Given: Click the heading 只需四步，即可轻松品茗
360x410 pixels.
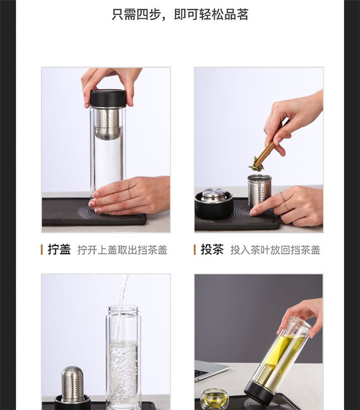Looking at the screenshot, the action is pyautogui.click(x=180, y=14).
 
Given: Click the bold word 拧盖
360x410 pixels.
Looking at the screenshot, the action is pyautogui.click(x=59, y=249).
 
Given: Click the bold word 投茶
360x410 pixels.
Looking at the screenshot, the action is pyautogui.click(x=212, y=249).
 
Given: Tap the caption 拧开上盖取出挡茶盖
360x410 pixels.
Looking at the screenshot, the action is pyautogui.click(x=122, y=250).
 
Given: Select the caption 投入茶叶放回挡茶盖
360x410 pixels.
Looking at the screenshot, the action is pyautogui.click(x=275, y=250).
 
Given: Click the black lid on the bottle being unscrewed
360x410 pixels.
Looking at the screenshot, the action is pyautogui.click(x=108, y=98).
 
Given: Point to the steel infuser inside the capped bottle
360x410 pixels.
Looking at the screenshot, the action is pyautogui.click(x=108, y=124).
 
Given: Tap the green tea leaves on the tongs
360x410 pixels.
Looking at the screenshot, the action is pyautogui.click(x=255, y=165).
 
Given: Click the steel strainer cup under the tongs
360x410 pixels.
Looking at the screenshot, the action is pyautogui.click(x=259, y=188).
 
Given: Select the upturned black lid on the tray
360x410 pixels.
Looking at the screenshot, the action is pyautogui.click(x=214, y=204).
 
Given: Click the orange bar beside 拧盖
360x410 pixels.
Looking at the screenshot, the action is pyautogui.click(x=42, y=250).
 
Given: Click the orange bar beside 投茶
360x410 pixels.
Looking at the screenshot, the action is pyautogui.click(x=194, y=250).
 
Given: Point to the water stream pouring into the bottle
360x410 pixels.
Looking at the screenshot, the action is pyautogui.click(x=121, y=306).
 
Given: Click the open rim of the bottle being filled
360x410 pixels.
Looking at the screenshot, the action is pyautogui.click(x=123, y=309).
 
